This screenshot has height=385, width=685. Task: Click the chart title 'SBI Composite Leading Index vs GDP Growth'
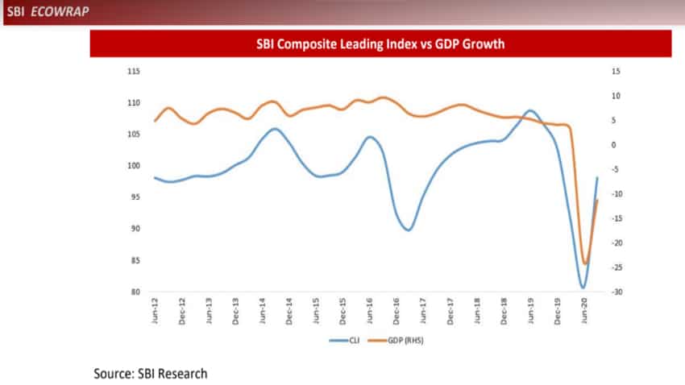pyautogui.click(x=380, y=44)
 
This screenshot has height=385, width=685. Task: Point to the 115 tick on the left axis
pyautogui.click(x=134, y=72)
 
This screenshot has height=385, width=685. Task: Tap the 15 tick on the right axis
pyautogui.click(x=615, y=72)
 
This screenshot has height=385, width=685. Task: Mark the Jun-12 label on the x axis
pyautogui.click(x=155, y=310)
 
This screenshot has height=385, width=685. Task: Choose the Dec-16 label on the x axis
pyautogui.click(x=396, y=310)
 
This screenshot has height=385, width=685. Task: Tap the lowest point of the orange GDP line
pyautogui.click(x=585, y=263)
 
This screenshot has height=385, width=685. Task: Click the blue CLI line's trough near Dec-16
pyautogui.click(x=409, y=230)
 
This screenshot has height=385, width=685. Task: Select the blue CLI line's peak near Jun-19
pyautogui.click(x=530, y=110)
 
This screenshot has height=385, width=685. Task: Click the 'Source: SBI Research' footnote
pyautogui.click(x=151, y=373)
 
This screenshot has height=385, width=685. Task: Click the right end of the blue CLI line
pyautogui.click(x=597, y=177)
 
